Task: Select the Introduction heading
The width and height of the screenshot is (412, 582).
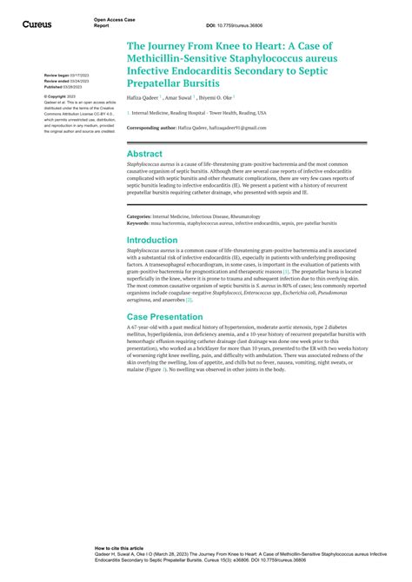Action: [152, 240]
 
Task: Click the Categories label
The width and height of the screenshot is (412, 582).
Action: [140, 216]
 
